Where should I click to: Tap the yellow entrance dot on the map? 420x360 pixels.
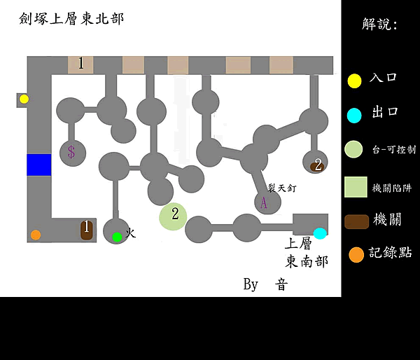[x=24, y=99]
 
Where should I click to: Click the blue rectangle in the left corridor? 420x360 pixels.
[x=39, y=165]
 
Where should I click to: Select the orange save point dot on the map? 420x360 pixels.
[x=36, y=235]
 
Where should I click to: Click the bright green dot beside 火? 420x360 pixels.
[x=117, y=237]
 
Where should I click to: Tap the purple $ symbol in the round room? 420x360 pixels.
[x=71, y=151]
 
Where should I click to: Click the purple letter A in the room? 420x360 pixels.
[x=264, y=202]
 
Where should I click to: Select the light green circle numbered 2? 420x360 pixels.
[x=173, y=216]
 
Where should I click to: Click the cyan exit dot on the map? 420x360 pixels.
[x=320, y=233]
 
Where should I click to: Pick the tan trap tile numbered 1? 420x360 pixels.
[x=80, y=64]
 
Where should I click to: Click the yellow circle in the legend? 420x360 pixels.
[x=355, y=81]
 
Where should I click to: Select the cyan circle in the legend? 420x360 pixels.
[x=355, y=115]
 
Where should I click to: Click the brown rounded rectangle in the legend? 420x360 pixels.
[x=356, y=221]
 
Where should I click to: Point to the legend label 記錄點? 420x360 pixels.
[x=391, y=253]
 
